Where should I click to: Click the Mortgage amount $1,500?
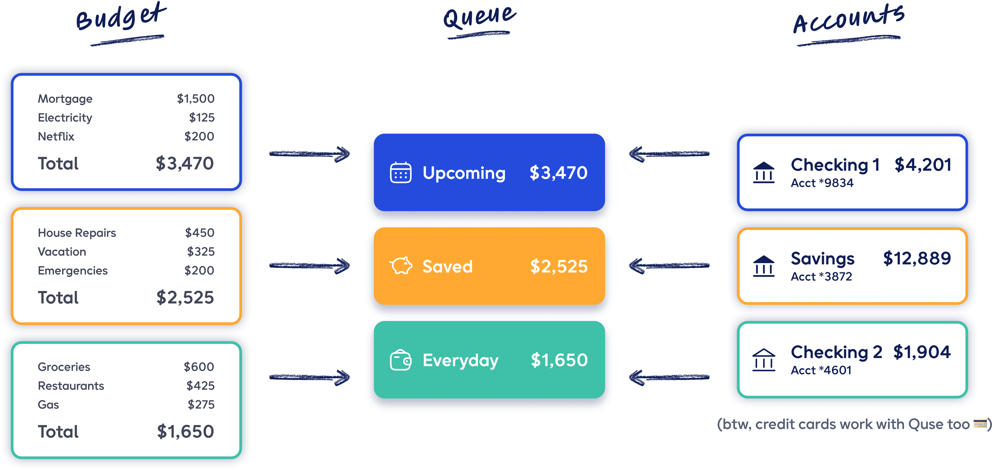coord(196,99)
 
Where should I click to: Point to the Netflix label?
coord(56,137)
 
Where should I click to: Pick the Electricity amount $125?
coord(202,118)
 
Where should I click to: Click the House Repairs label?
coord(77,233)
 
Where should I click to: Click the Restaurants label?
coord(71,386)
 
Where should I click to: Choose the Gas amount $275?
coord(201,405)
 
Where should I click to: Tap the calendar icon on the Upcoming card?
coord(400,173)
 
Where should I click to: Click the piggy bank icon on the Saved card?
coord(401,266)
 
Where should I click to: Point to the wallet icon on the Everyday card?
coord(400,360)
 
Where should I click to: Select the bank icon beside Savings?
coord(764,266)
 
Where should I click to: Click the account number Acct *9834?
coord(822,183)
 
